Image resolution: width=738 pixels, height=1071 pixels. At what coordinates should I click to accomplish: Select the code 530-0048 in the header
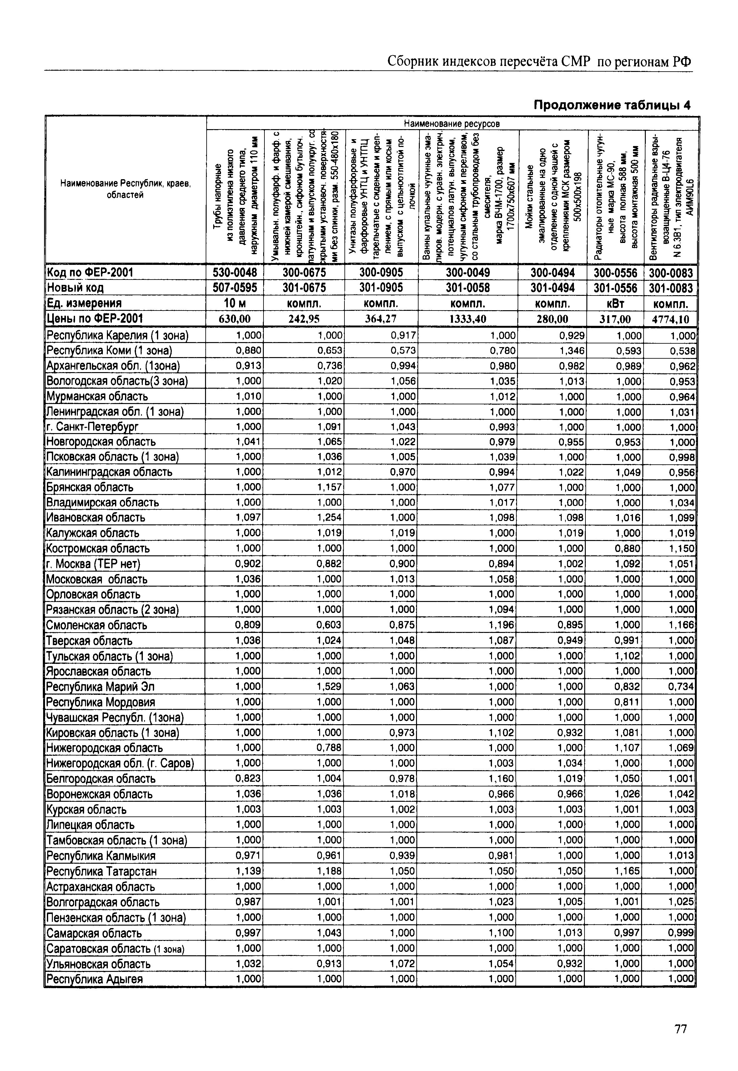[235, 272]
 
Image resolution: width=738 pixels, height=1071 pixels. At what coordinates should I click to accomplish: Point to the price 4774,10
[671, 319]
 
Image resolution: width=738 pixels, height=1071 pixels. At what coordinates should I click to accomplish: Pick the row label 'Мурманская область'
[97, 397]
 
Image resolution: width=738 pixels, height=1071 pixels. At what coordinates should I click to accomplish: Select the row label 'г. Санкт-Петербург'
[93, 427]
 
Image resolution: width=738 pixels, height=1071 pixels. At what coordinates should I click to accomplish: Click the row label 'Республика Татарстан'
[101, 871]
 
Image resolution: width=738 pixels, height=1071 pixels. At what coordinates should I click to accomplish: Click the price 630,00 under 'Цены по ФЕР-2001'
[235, 319]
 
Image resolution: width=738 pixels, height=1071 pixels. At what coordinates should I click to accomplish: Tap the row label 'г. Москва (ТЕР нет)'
[93, 564]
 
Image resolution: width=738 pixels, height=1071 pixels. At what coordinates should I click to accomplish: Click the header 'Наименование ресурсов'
[452, 124]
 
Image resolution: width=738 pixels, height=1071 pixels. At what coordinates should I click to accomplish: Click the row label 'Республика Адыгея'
[95, 979]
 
